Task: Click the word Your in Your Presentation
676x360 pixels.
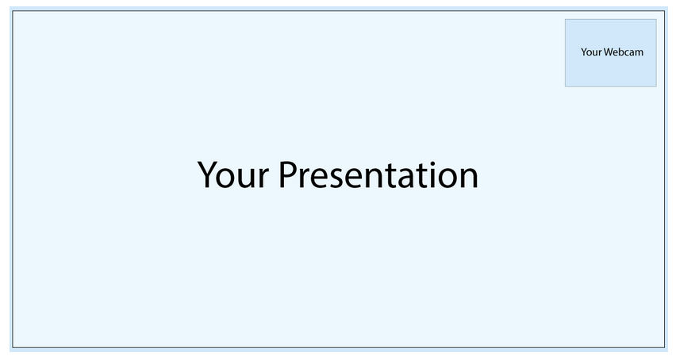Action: (x=233, y=174)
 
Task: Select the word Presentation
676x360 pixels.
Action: (x=378, y=174)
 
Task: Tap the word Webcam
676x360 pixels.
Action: (x=624, y=52)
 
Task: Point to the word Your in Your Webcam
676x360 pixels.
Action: (x=591, y=52)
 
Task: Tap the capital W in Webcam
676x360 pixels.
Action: (x=608, y=52)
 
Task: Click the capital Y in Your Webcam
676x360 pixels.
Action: (x=583, y=52)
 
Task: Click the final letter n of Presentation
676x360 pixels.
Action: (x=469, y=178)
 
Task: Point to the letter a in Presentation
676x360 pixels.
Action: (x=405, y=178)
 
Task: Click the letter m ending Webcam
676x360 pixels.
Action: (x=640, y=53)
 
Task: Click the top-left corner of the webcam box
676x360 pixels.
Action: (x=565, y=19)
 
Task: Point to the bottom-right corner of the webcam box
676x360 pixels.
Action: (x=657, y=87)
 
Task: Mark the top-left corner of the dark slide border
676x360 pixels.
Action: (x=13, y=11)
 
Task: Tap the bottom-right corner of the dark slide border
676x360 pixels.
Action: (x=665, y=347)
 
